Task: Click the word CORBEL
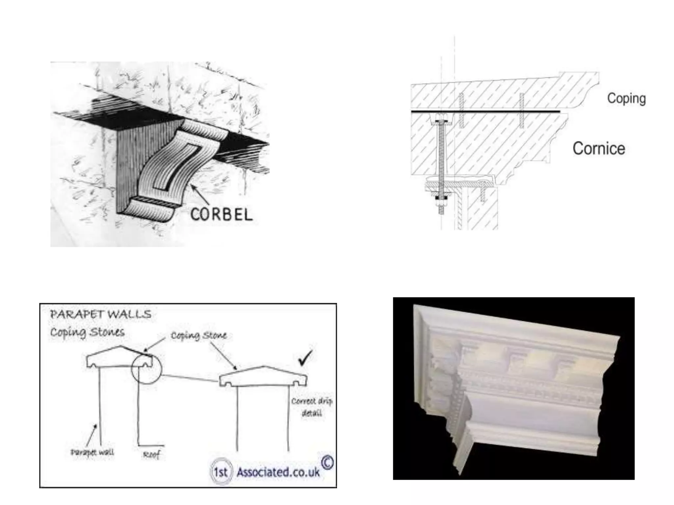[x=221, y=215]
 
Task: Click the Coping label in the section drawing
[x=626, y=98]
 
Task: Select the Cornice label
[x=599, y=149]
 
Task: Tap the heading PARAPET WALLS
[x=101, y=314]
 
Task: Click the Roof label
[x=152, y=455]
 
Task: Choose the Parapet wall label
[x=92, y=452]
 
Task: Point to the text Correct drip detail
[x=311, y=407]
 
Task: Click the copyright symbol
[x=327, y=463]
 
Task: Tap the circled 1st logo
[x=221, y=472]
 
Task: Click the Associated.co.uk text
[x=278, y=472]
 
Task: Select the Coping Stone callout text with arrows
[x=199, y=336]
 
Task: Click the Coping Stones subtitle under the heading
[x=87, y=332]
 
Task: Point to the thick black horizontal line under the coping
[x=485, y=112]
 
